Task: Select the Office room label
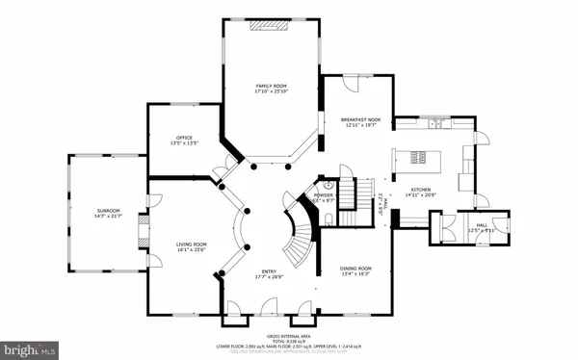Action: click(x=184, y=138)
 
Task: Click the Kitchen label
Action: click(x=421, y=190)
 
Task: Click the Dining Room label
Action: click(x=355, y=269)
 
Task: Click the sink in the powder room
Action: click(x=328, y=183)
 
